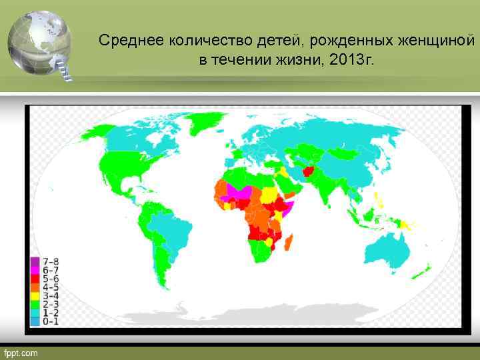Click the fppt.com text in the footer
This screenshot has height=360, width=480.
tap(21, 353)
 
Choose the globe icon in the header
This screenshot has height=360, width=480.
tap(39, 41)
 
